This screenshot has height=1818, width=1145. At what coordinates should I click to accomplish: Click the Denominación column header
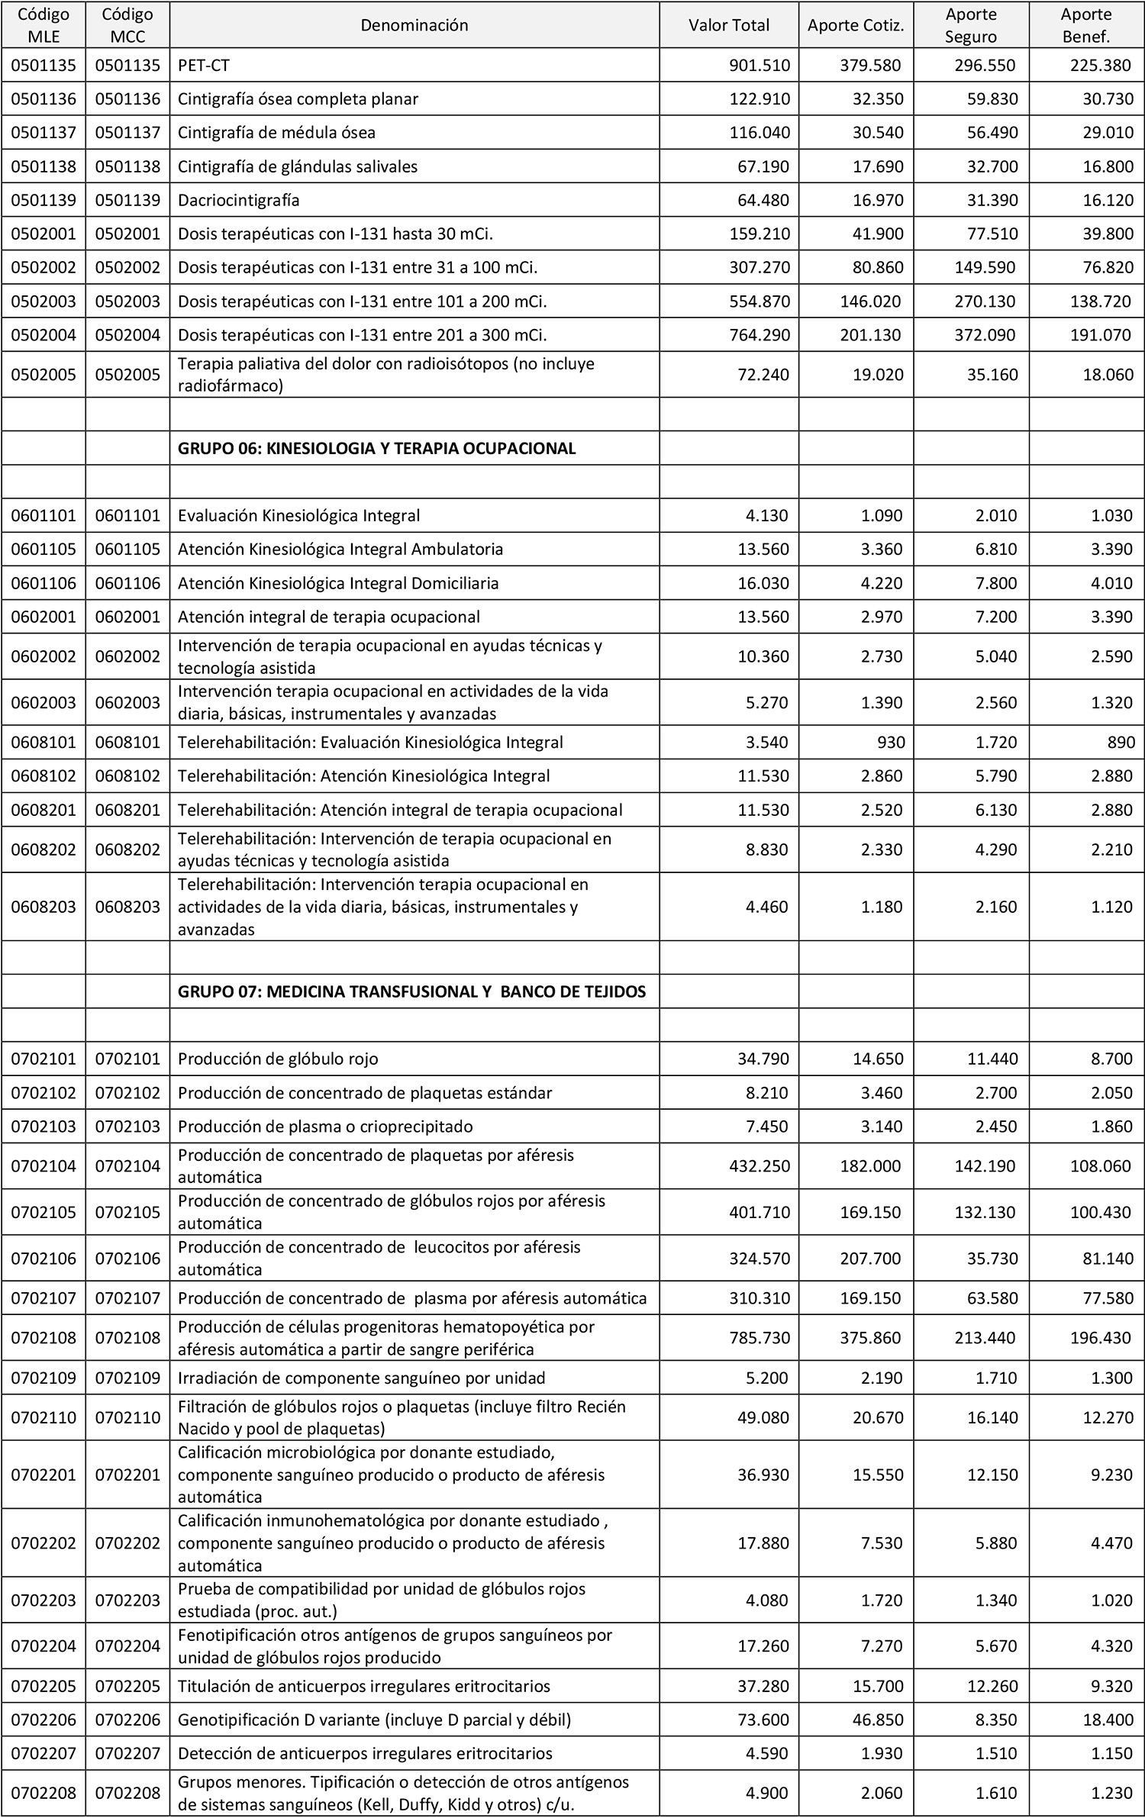point(414,25)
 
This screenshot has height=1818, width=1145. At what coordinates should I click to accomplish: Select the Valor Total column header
point(729,25)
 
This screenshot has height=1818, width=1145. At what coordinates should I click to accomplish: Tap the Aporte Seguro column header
point(971,25)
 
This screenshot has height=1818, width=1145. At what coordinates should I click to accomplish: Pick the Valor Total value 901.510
point(760,65)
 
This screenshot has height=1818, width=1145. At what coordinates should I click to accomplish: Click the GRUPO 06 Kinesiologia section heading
point(376,448)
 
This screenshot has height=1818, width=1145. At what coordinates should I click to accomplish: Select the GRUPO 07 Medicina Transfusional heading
point(411,991)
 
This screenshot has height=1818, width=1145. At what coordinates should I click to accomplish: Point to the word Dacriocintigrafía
point(238,200)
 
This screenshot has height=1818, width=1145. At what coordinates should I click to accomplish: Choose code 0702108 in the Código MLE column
point(44,1337)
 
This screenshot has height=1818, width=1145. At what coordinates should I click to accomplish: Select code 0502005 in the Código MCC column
point(127,375)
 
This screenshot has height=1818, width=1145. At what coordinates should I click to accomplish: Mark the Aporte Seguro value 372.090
point(985,335)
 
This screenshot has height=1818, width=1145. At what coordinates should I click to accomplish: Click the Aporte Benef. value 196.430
point(1101,1337)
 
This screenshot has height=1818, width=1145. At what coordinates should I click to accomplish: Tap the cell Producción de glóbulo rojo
point(278,1059)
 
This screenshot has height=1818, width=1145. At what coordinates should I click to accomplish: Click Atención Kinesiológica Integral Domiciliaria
point(338,583)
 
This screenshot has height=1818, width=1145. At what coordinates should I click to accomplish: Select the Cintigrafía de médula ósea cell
point(276,132)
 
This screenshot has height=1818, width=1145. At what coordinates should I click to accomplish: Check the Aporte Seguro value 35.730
point(992,1258)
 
